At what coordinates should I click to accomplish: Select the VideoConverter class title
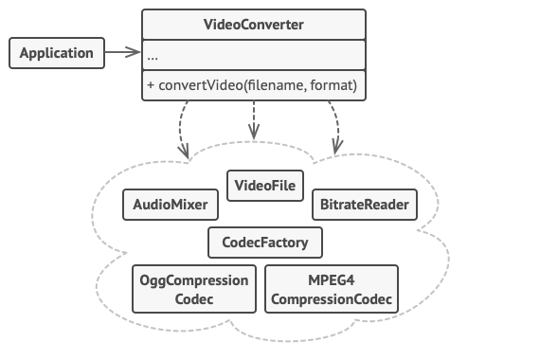click(x=254, y=23)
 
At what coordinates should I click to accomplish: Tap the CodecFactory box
click(x=265, y=243)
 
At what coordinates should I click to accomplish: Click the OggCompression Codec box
click(x=194, y=290)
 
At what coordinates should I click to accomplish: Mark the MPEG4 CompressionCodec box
click(x=331, y=290)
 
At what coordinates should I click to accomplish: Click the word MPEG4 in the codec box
click(x=331, y=281)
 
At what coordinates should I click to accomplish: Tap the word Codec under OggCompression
click(x=194, y=299)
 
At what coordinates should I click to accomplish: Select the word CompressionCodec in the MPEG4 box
click(x=331, y=299)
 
